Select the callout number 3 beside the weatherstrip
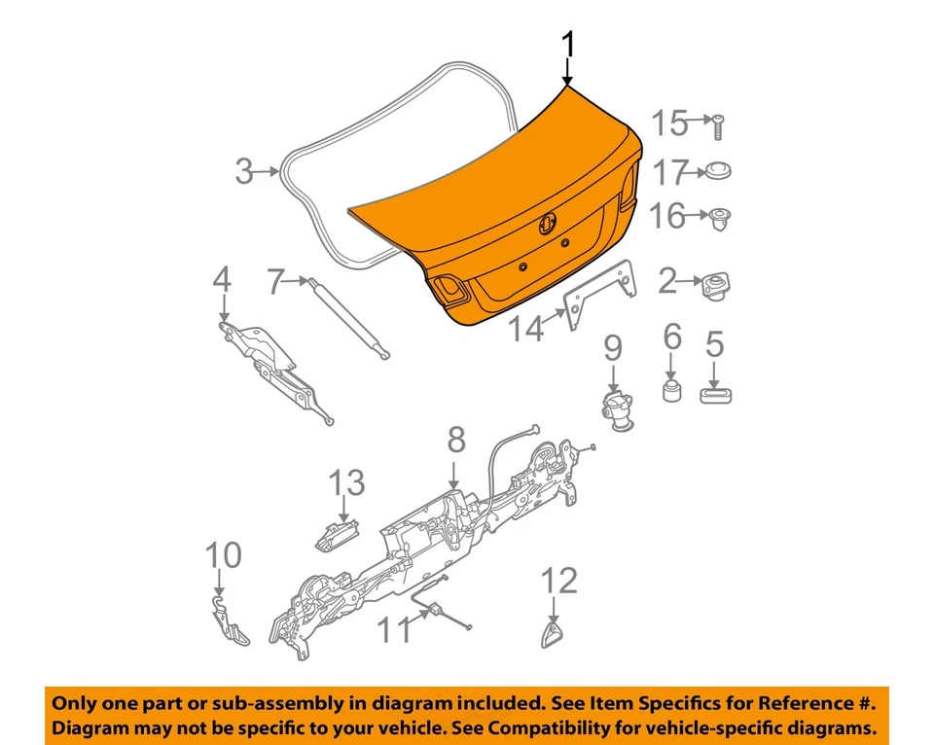click(x=244, y=172)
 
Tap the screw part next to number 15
click(x=718, y=124)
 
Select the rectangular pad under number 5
click(x=715, y=393)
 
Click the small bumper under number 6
click(x=670, y=390)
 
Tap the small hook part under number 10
click(x=231, y=621)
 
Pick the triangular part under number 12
click(x=553, y=637)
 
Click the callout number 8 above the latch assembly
click(x=455, y=443)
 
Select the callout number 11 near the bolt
click(x=394, y=630)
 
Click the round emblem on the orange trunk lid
click(x=547, y=224)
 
